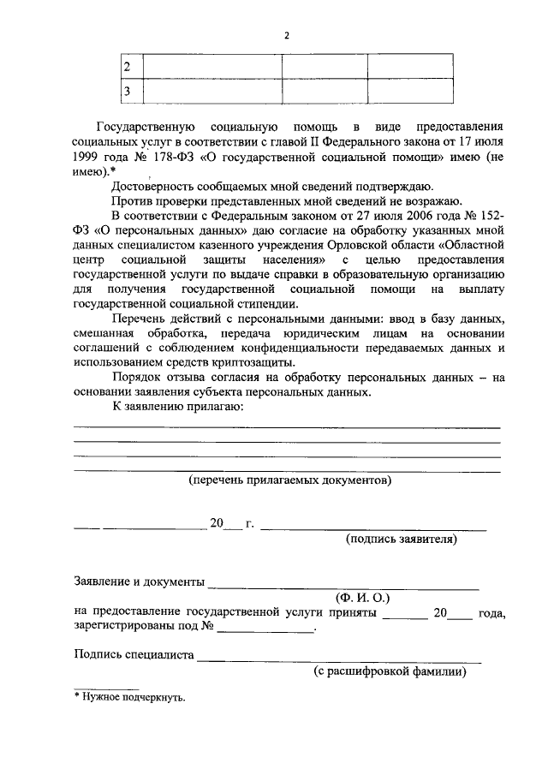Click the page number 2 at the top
[x=288, y=35]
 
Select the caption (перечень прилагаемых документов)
[x=290, y=481]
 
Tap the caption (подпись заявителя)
[x=401, y=540]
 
